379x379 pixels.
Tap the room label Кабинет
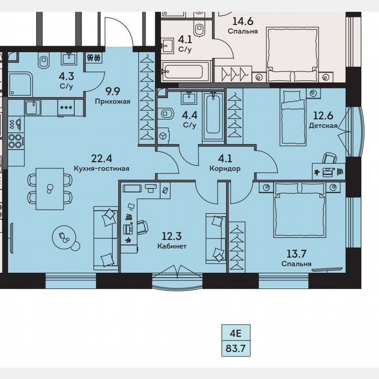pyautogui.click(x=172, y=246)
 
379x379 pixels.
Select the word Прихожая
pyautogui.click(x=113, y=101)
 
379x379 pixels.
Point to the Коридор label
pyautogui.click(x=225, y=169)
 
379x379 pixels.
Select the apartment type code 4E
pyautogui.click(x=237, y=333)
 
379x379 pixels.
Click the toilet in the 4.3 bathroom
pyautogui.click(x=45, y=61)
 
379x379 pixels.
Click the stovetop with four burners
pyautogui.click(x=16, y=139)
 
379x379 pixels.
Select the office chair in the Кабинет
pyautogui.click(x=142, y=227)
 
